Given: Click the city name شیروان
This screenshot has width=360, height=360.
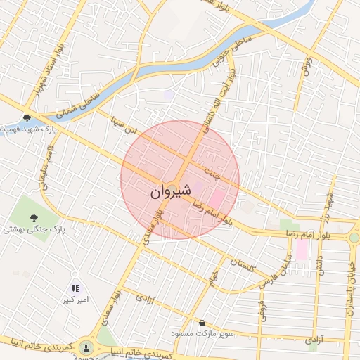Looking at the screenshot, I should pyautogui.click(x=171, y=191).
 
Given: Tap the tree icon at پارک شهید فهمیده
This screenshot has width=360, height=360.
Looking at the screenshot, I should pyautogui.click(x=27, y=118).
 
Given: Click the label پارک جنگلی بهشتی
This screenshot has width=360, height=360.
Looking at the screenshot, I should pyautogui.click(x=33, y=229).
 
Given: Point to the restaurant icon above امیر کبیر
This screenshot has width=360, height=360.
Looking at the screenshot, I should pyautogui.click(x=75, y=288).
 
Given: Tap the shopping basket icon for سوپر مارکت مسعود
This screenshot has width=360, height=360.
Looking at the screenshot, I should pyautogui.click(x=202, y=323).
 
